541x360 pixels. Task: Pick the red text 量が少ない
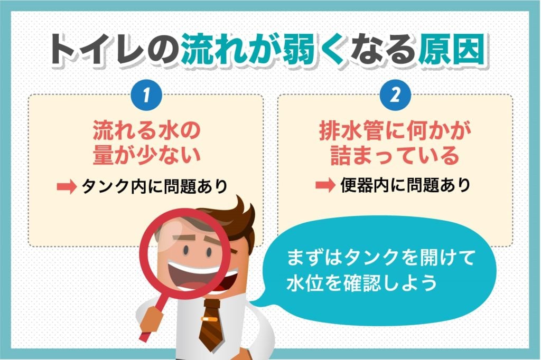click(x=145, y=156)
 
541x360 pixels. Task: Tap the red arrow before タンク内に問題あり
click(x=66, y=186)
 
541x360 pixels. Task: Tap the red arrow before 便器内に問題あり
click(x=324, y=186)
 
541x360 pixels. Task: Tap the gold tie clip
click(x=211, y=320)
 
